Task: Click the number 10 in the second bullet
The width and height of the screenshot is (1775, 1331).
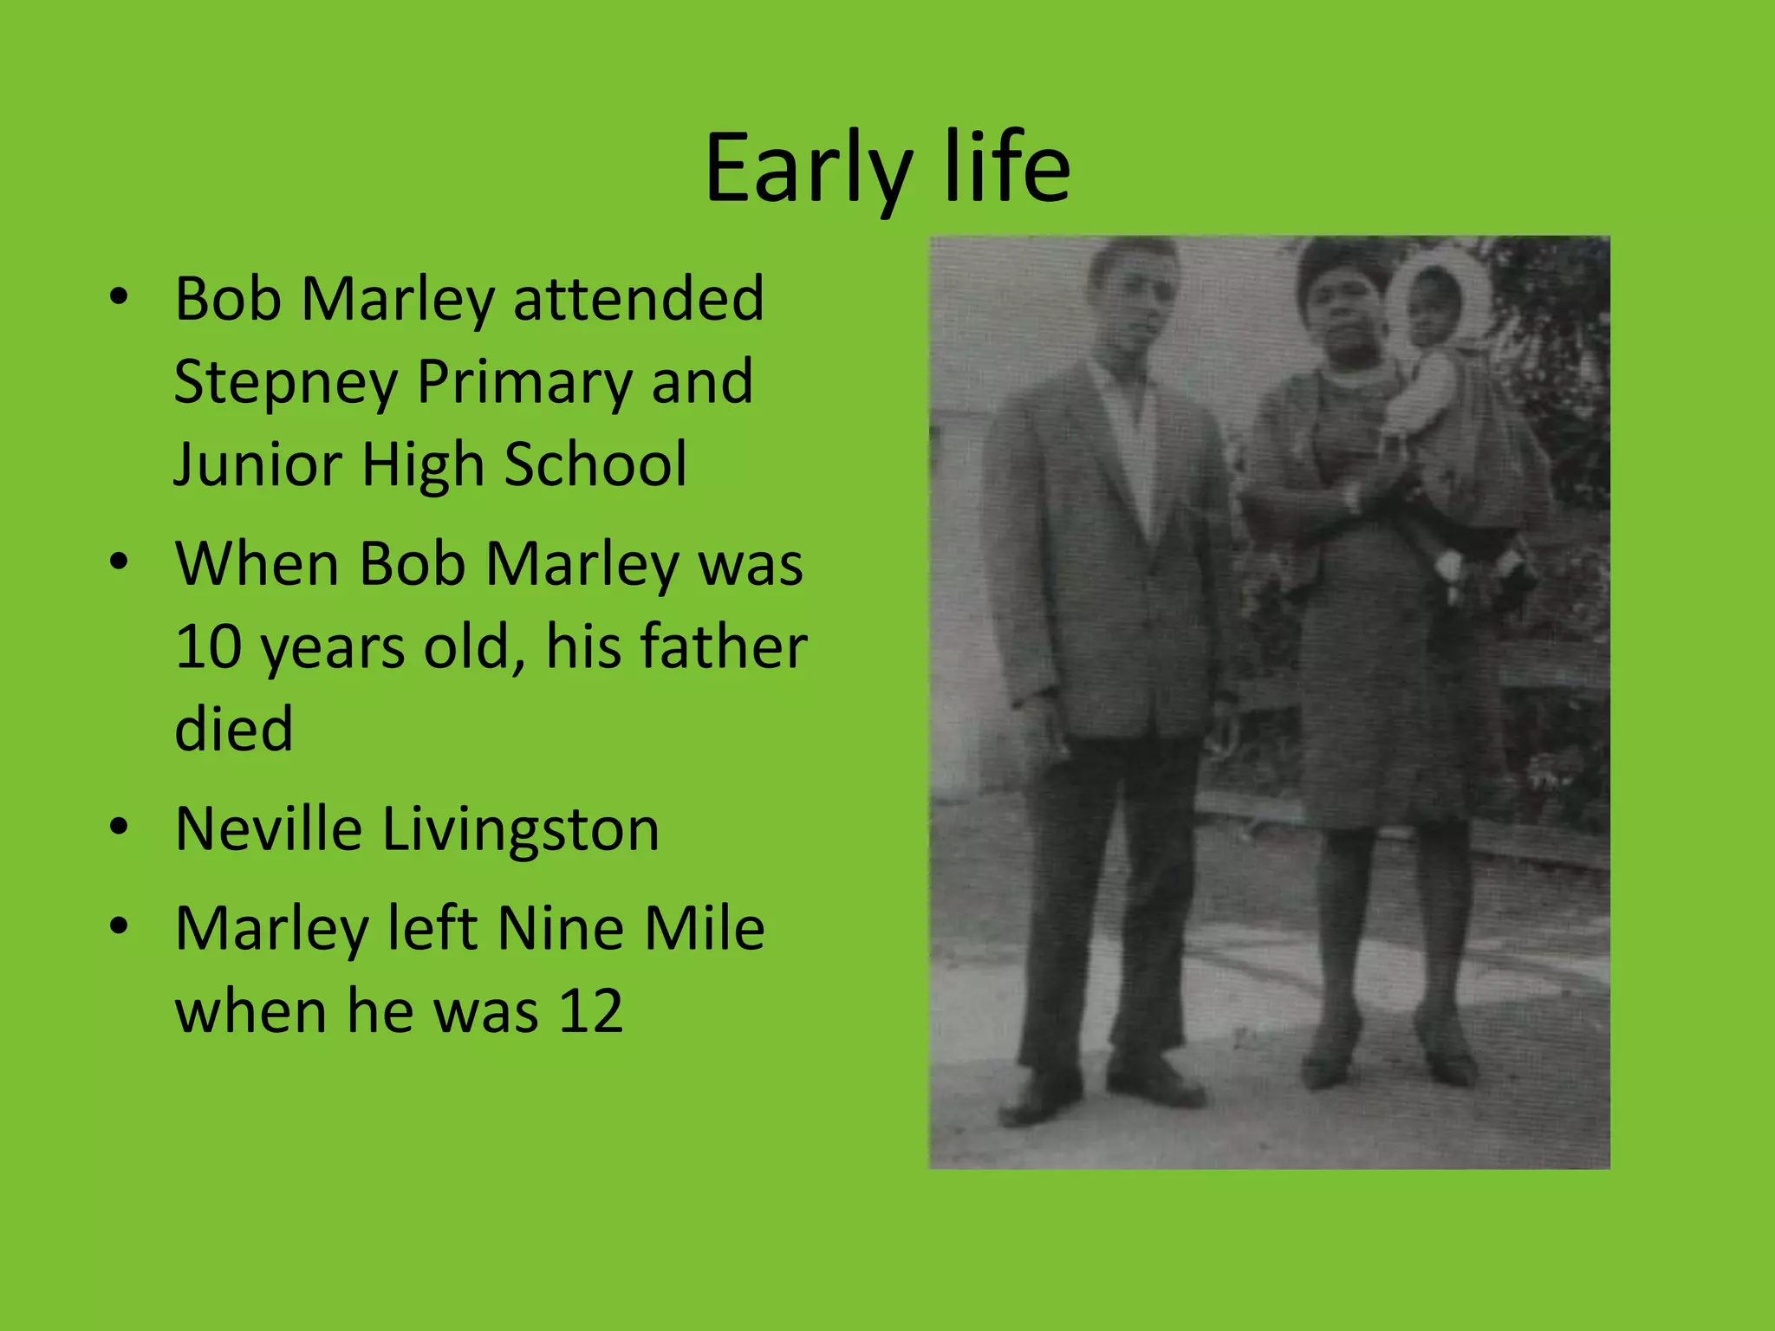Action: [208, 646]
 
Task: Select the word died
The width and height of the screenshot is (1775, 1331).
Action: [233, 728]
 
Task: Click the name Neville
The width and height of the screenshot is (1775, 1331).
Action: [269, 828]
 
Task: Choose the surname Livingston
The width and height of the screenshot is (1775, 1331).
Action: [521, 830]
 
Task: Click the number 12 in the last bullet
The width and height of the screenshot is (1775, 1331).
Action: [590, 1010]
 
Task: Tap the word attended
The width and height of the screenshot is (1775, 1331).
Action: [639, 298]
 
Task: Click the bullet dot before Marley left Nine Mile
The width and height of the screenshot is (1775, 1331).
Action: [120, 925]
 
